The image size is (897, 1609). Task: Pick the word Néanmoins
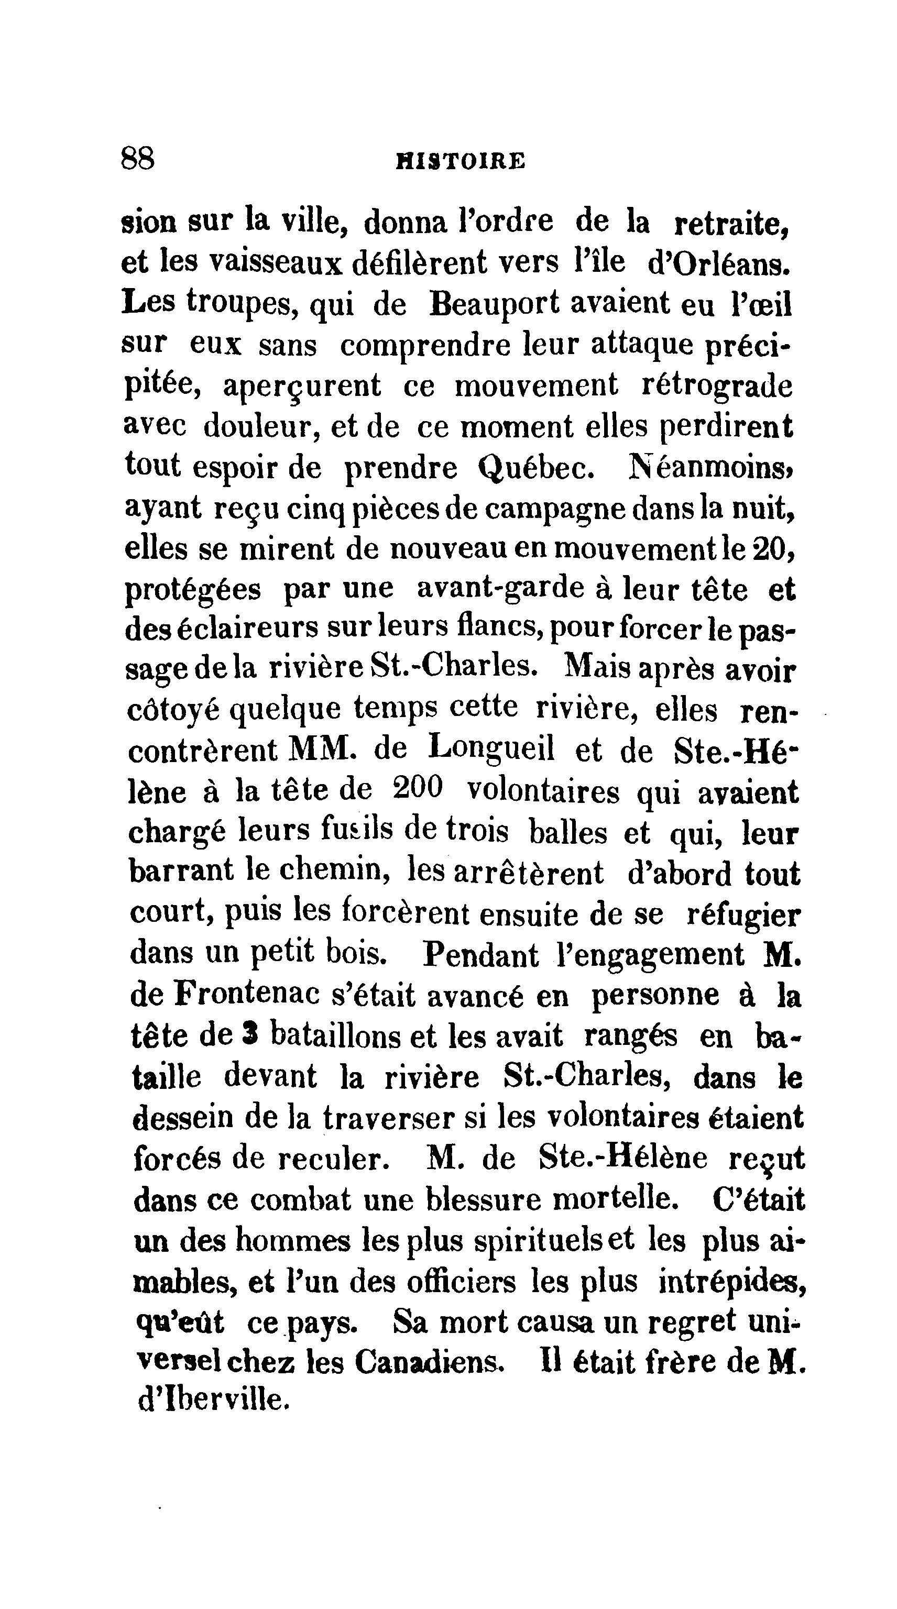click(711, 467)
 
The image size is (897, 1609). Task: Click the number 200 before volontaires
click(419, 789)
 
